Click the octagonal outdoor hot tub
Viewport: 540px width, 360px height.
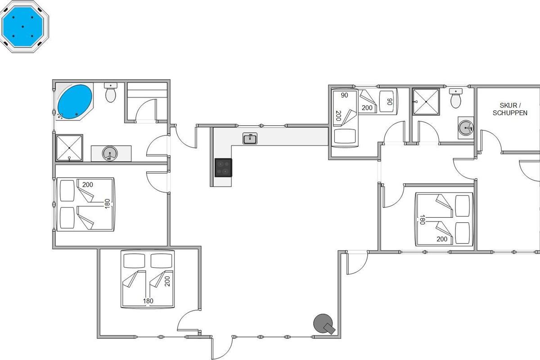[x=24, y=27]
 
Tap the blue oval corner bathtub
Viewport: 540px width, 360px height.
[x=75, y=102]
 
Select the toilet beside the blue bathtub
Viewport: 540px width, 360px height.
[x=111, y=93]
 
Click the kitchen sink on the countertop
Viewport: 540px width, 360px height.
[x=250, y=139]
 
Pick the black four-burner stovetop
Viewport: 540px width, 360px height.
[x=224, y=167]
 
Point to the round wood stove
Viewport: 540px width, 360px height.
[x=324, y=324]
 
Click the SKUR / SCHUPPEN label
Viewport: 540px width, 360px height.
[x=510, y=109]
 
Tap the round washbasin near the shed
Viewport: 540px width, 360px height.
[x=466, y=128]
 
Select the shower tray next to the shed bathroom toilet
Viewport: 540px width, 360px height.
[x=426, y=102]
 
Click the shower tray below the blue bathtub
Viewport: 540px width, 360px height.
[x=69, y=148]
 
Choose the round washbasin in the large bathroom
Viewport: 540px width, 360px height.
[x=110, y=153]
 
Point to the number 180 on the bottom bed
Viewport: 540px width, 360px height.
[x=148, y=301]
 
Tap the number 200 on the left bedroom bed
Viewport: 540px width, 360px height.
[x=87, y=184]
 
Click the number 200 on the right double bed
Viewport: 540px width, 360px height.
[x=442, y=239]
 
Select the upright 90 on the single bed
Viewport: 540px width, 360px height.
[x=345, y=95]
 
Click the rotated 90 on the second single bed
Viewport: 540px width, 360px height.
[x=390, y=102]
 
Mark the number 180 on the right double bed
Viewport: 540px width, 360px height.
[x=422, y=220]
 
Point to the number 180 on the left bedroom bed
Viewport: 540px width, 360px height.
[x=107, y=204]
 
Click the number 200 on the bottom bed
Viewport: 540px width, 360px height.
[x=167, y=281]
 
